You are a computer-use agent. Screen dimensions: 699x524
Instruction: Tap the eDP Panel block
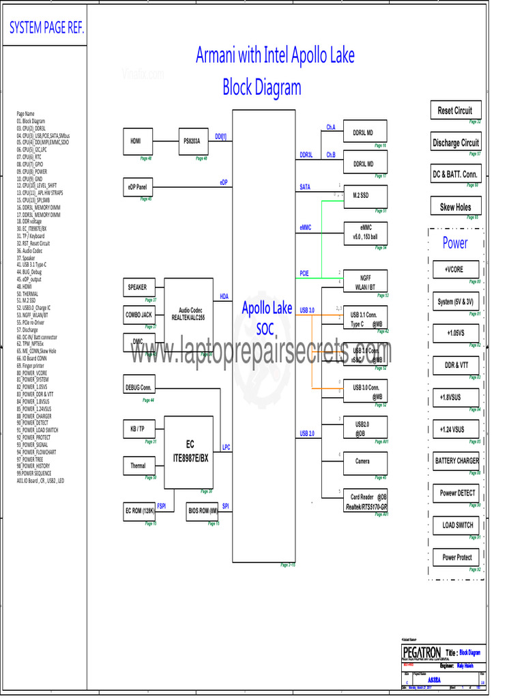[x=139, y=186]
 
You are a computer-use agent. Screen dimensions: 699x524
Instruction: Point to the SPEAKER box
[x=139, y=287]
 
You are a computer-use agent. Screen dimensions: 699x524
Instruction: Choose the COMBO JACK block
[x=139, y=315]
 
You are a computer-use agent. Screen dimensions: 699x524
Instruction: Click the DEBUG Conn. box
[x=139, y=387]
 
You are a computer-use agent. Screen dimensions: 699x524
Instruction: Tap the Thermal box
[x=139, y=466]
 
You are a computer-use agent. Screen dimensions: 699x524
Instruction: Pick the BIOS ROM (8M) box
[x=203, y=511]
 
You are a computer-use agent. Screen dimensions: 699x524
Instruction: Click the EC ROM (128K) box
[x=139, y=511]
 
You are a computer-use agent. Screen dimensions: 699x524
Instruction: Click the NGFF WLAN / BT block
[x=365, y=282]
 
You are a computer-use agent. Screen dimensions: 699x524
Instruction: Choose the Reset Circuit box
[x=454, y=110]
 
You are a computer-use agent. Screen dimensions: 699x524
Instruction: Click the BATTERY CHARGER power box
[x=456, y=461]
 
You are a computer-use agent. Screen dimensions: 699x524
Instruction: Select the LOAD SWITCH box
[x=456, y=525]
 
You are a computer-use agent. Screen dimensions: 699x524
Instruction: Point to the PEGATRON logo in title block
[x=422, y=653]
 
